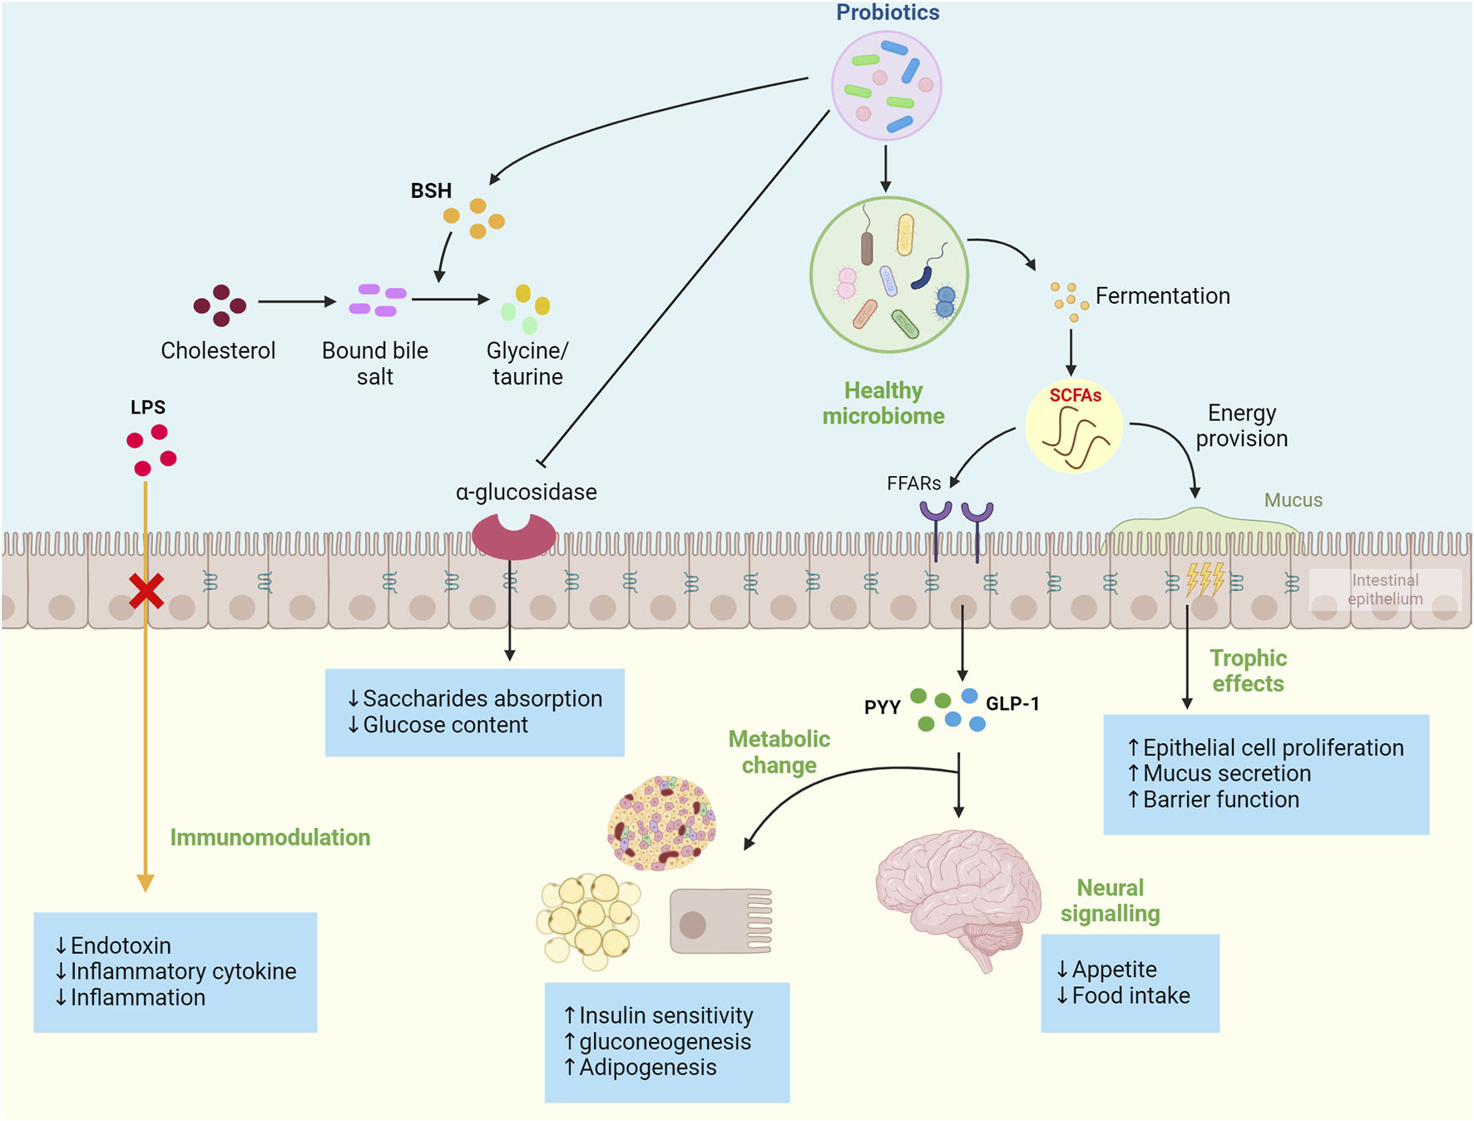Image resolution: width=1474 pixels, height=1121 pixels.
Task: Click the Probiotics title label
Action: (x=887, y=12)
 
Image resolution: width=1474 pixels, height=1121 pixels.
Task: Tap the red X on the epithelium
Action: (x=146, y=591)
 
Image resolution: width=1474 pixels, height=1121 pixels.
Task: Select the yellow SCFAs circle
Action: (x=1074, y=426)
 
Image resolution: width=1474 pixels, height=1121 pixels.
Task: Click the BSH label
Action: (x=431, y=191)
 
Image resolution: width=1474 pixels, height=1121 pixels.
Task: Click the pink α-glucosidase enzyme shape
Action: (x=513, y=537)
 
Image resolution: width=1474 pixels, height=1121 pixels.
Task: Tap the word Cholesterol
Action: (x=218, y=350)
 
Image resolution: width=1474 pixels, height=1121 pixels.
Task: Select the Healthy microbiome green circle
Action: (x=888, y=275)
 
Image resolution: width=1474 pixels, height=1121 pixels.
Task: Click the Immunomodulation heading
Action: (x=270, y=837)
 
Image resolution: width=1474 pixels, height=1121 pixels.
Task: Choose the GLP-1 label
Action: (x=1012, y=704)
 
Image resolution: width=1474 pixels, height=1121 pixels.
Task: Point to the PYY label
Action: (x=882, y=707)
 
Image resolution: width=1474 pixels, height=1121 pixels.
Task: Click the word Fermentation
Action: (x=1162, y=295)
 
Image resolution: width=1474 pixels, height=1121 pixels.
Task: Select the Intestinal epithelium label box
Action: (x=1385, y=589)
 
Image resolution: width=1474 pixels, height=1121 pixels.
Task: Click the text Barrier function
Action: (x=1220, y=800)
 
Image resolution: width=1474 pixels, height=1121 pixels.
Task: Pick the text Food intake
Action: (x=1130, y=995)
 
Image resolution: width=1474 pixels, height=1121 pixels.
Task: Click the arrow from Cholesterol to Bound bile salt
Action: (x=296, y=301)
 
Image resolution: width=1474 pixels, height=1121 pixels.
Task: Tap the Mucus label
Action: (x=1293, y=500)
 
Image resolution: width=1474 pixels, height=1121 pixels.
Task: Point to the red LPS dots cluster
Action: (x=151, y=450)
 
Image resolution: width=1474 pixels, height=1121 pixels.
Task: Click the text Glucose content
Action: (x=445, y=725)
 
